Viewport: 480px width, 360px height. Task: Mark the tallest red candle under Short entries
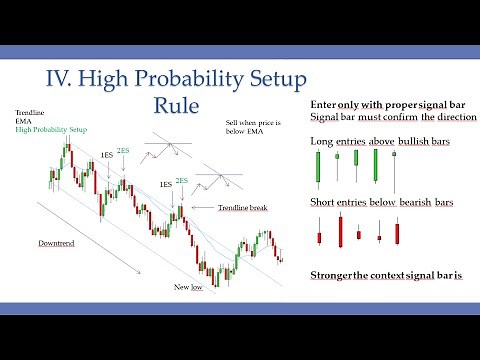pyautogui.click(x=340, y=232)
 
